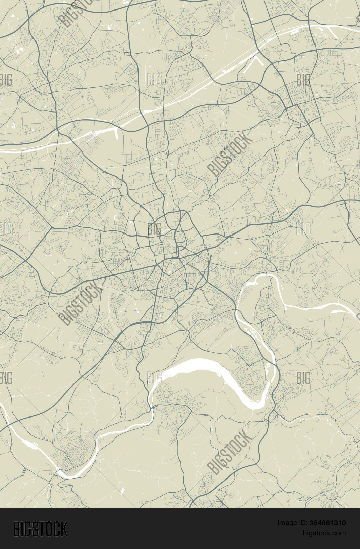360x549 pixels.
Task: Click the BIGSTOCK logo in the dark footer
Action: pyautogui.click(x=40, y=529)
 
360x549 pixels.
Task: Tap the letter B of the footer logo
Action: pyautogui.click(x=16, y=529)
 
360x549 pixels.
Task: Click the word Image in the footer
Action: pyautogui.click(x=287, y=523)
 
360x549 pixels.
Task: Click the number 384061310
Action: pyautogui.click(x=327, y=523)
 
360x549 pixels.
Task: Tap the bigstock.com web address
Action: pyautogui.click(x=324, y=533)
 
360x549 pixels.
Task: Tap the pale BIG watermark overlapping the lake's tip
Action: pyautogui.click(x=154, y=378)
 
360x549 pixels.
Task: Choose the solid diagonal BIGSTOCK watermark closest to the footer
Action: pyautogui.click(x=230, y=452)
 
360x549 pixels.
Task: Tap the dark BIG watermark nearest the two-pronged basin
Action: pyautogui.click(x=303, y=80)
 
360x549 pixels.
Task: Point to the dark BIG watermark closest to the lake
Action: pyautogui.click(x=303, y=378)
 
